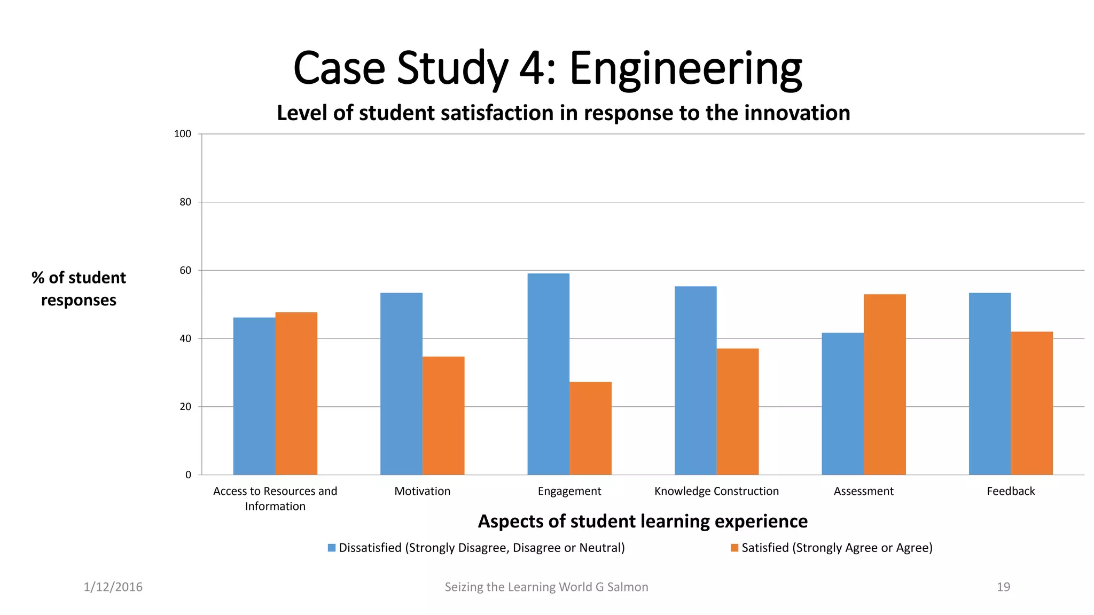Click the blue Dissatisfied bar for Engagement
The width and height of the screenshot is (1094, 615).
tap(548, 374)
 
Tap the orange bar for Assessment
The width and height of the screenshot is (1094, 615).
tap(885, 384)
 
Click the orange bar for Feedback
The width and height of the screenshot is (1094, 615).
tap(1032, 403)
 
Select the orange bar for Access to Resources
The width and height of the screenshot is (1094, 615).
tap(296, 393)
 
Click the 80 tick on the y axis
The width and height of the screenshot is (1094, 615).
tap(185, 202)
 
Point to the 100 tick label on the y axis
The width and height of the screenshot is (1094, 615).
tap(183, 134)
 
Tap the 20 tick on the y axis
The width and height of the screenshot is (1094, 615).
tap(185, 407)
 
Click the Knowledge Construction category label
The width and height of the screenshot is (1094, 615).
tap(716, 491)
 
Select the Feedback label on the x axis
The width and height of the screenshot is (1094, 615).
tap(1011, 491)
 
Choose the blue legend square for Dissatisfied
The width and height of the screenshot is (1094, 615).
tap(332, 548)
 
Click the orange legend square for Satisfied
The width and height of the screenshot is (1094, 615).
tap(734, 548)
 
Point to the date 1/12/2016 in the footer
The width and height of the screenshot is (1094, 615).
tap(113, 587)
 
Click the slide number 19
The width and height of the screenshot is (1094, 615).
tap(1003, 587)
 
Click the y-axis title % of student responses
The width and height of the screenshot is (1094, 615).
tap(79, 289)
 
